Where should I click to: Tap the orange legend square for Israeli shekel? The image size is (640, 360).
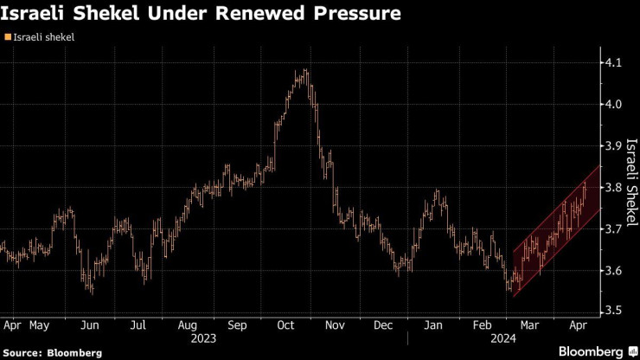pos(8,37)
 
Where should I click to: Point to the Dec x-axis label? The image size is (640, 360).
pos(383,326)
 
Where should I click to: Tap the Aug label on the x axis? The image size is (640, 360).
pos(188,326)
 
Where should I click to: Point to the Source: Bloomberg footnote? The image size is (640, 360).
pos(52,353)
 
